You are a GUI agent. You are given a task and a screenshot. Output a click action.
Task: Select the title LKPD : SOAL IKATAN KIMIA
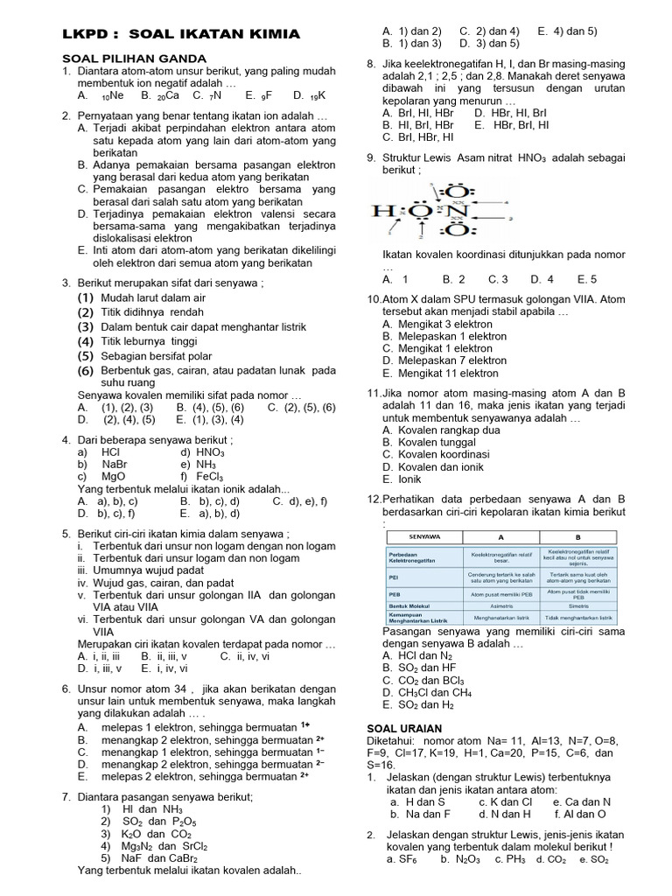pyautogui.click(x=181, y=34)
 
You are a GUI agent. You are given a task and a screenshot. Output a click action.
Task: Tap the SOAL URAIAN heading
pyautogui.click(x=403, y=728)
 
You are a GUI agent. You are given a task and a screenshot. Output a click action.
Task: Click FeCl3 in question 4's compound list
pyautogui.click(x=203, y=476)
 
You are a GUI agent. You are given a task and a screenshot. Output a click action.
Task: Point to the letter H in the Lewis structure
pyautogui.click(x=381, y=211)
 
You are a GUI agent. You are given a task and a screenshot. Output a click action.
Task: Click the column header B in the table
pyautogui.click(x=577, y=535)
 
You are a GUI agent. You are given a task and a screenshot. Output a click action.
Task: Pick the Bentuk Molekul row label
pyautogui.click(x=413, y=604)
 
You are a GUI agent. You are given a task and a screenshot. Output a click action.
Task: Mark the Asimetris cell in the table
pyautogui.click(x=502, y=604)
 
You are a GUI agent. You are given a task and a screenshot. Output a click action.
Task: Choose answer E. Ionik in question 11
pyautogui.click(x=403, y=479)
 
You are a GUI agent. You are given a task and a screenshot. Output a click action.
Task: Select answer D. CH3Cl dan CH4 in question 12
pyautogui.click(x=432, y=691)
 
